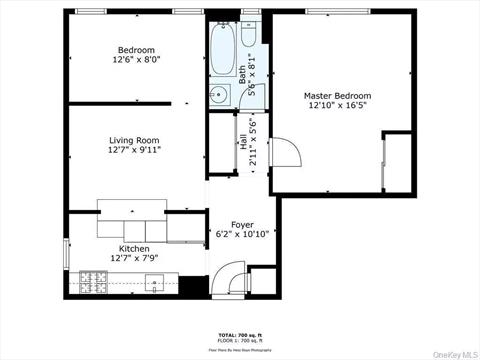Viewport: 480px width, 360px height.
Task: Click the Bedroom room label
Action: point(137,50)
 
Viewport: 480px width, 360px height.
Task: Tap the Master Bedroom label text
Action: point(337,96)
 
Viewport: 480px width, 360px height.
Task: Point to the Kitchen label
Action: point(135,249)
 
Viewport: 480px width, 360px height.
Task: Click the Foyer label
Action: point(242,225)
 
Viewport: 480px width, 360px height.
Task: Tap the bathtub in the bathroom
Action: point(222,48)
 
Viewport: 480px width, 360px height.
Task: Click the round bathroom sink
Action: point(219,96)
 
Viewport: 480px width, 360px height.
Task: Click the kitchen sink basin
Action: point(155,284)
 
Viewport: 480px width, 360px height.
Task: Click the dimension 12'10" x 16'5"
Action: point(337,106)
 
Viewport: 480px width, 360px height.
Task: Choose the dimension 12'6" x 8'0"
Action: point(137,60)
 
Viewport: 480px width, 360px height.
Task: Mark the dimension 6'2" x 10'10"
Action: point(242,236)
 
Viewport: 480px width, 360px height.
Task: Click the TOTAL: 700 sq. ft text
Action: point(239,335)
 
